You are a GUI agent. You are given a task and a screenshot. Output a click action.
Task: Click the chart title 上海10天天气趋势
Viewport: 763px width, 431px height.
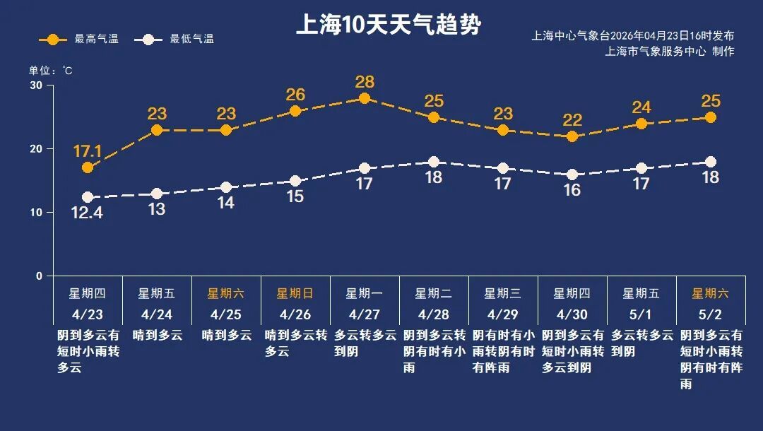click(x=388, y=25)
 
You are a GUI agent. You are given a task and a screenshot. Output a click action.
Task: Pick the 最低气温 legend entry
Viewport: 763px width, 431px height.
click(x=180, y=39)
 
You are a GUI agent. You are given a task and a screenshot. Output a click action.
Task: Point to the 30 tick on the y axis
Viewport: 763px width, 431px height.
click(x=35, y=85)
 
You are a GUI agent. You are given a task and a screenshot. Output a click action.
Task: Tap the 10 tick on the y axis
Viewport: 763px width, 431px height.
click(x=35, y=213)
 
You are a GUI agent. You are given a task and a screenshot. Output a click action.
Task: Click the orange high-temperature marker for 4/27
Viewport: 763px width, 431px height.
click(x=365, y=98)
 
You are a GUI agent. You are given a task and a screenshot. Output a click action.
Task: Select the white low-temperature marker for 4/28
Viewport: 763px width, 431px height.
click(x=434, y=162)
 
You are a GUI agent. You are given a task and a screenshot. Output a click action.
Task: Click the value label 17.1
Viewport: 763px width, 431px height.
click(x=88, y=151)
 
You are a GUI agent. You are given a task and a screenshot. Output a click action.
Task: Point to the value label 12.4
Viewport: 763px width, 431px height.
click(x=88, y=212)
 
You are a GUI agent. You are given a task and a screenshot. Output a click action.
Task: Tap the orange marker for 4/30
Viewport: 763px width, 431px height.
click(x=572, y=136)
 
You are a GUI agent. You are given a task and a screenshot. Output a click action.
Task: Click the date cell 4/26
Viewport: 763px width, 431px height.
click(x=295, y=314)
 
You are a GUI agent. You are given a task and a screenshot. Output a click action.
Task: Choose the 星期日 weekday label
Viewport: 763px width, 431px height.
click(x=295, y=293)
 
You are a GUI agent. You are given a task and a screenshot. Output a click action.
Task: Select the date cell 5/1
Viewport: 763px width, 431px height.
click(x=641, y=314)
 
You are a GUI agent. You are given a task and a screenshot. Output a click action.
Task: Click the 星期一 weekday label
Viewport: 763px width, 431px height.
click(x=365, y=293)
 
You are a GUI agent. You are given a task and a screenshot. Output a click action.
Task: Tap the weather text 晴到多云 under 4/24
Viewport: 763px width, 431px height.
click(x=157, y=335)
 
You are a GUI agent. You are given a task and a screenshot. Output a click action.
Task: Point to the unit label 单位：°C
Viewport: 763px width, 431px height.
click(x=50, y=71)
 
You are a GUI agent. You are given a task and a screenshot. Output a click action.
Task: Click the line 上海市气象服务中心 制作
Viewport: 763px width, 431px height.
click(x=670, y=51)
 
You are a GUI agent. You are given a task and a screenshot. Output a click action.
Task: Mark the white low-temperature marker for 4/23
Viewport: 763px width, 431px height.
click(x=88, y=197)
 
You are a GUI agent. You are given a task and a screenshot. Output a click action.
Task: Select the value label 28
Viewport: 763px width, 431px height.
click(x=365, y=82)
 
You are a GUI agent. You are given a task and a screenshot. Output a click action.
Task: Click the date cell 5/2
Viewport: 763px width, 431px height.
click(x=711, y=314)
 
